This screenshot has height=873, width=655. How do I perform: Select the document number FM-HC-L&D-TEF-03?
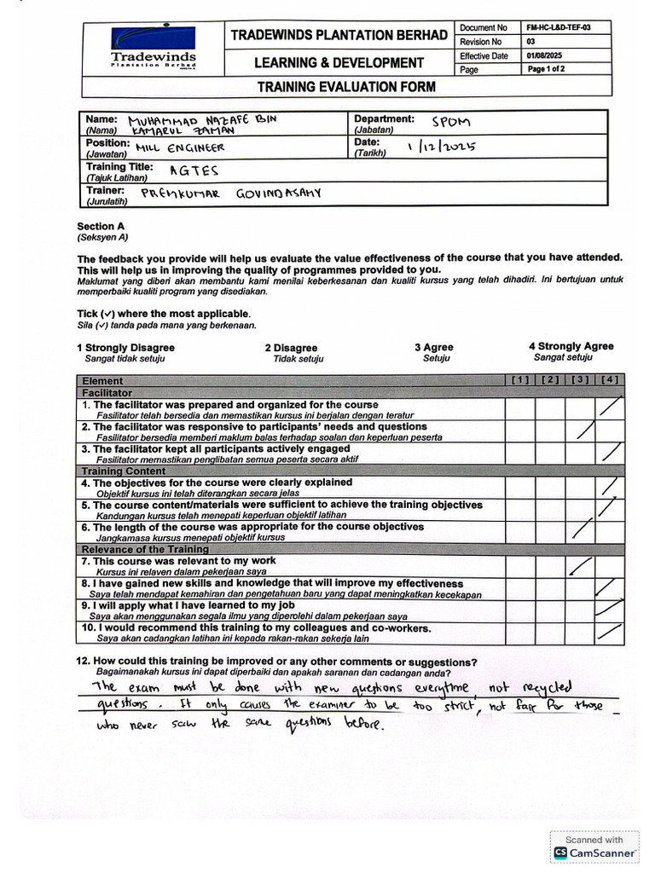[x=559, y=27]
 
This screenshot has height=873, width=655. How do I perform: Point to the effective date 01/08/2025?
[x=547, y=55]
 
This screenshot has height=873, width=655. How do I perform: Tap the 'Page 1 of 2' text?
[x=546, y=69]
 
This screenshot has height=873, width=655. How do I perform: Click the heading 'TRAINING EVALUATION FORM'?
[x=346, y=86]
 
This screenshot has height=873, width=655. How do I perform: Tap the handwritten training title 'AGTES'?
[x=194, y=171]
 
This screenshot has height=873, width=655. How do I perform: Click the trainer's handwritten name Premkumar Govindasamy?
[x=231, y=194]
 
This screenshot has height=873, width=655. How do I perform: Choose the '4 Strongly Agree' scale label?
[x=571, y=346]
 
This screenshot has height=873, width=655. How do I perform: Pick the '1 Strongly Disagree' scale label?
[x=125, y=348]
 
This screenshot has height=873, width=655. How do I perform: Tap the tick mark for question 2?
[x=585, y=430]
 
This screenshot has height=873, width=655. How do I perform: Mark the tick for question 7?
[x=581, y=565]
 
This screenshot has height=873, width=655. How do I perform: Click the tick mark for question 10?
[x=609, y=632]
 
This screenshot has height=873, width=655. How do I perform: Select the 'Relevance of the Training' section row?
[x=145, y=550]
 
